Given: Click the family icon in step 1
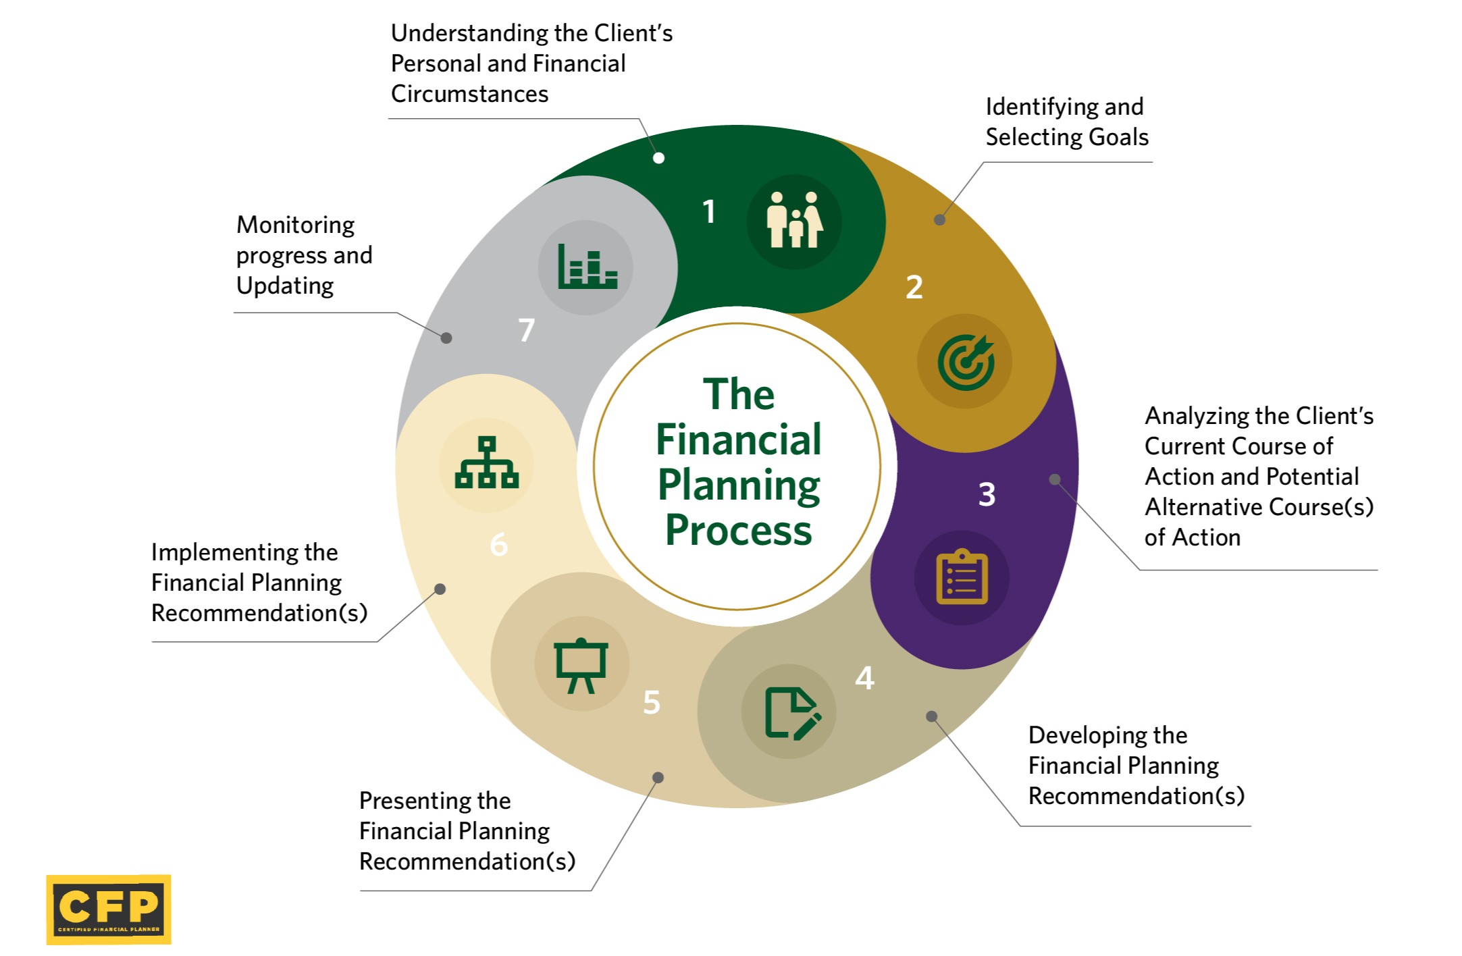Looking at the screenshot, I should coord(794,221).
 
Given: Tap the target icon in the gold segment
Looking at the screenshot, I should coord(965,362).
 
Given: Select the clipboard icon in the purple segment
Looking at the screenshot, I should coord(962,577).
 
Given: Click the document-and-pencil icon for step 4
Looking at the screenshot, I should coord(790,712).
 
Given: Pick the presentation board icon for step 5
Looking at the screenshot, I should coord(581,664).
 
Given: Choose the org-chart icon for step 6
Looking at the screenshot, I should coord(486,463).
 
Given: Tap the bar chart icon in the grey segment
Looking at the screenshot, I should coord(586,267).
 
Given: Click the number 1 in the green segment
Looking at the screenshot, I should coord(708,211).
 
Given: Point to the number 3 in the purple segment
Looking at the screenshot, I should coord(987,494).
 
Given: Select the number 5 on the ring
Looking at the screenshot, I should coord(651,702).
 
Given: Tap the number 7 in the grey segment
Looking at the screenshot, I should coord(526,330).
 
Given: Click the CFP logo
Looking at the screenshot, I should coord(109,909).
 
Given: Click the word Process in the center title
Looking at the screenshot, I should coord(738,531).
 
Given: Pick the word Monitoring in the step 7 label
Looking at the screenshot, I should coord(295,225).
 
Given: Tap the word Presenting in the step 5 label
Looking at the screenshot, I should coord(434,801).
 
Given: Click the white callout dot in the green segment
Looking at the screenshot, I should coord(658,158).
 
